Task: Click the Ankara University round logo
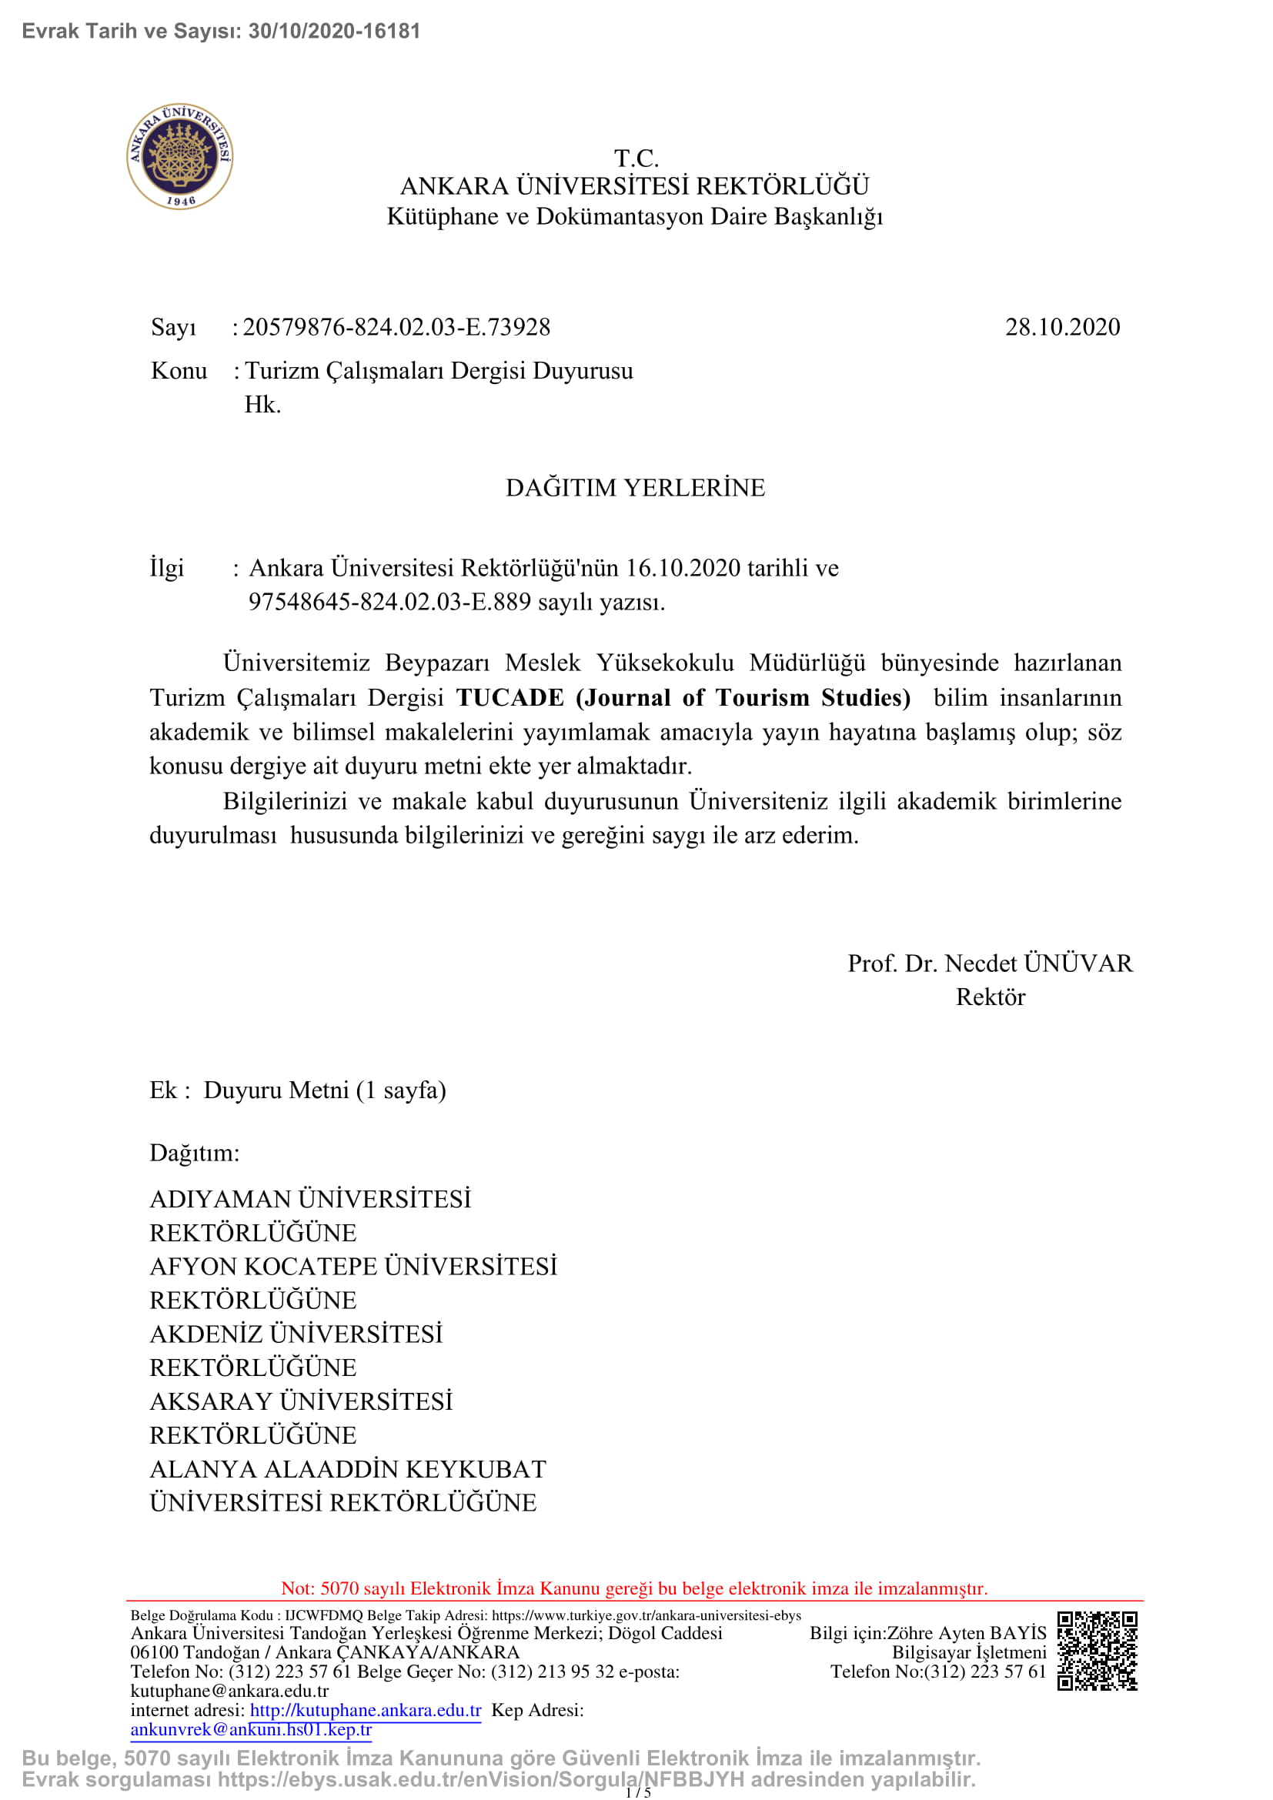tap(179, 156)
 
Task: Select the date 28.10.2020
tap(1062, 327)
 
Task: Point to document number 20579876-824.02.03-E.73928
tap(396, 327)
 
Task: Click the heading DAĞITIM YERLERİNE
tap(635, 488)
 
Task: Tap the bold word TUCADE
tap(510, 697)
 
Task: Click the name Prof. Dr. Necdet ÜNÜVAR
tap(989, 963)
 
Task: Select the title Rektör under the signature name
tap(990, 997)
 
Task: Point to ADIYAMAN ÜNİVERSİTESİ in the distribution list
tap(310, 1199)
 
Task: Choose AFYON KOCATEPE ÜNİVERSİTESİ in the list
tap(352, 1266)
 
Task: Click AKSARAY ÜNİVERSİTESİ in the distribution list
tap(301, 1401)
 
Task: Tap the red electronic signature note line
tap(634, 1588)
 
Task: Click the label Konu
tap(179, 371)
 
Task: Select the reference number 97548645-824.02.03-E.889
tap(389, 602)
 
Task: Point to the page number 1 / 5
tap(637, 1792)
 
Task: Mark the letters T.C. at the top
tap(636, 159)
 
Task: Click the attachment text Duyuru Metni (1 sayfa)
tap(325, 1090)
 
